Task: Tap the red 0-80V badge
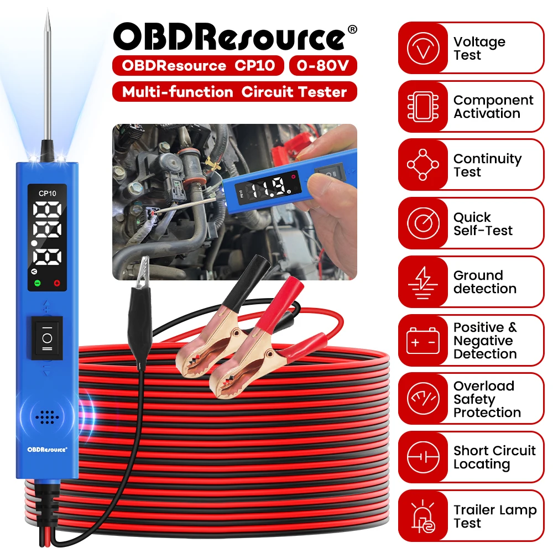tap(323, 66)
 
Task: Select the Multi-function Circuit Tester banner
tap(234, 92)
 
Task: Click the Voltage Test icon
tap(423, 49)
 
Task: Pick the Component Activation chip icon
tap(423, 107)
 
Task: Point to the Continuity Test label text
tap(487, 165)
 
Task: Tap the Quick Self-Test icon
tap(423, 223)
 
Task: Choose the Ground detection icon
tap(423, 282)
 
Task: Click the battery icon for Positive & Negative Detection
tap(423, 341)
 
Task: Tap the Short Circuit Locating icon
tap(423, 458)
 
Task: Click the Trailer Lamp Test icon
tap(423, 516)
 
